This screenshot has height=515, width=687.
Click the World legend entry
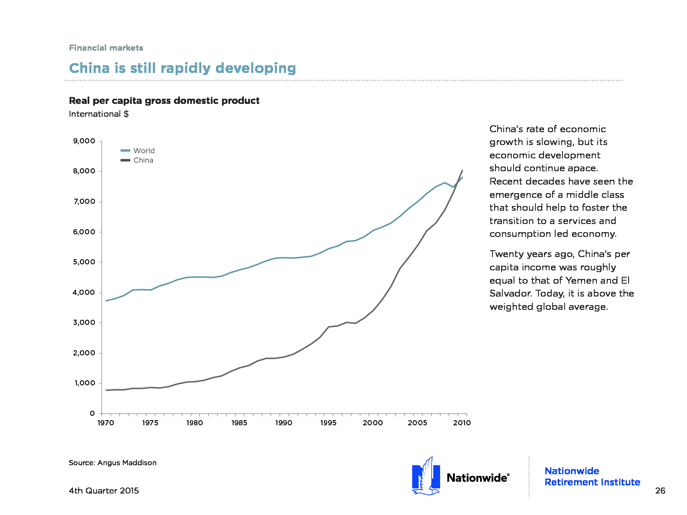(x=143, y=151)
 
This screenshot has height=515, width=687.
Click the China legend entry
(x=143, y=160)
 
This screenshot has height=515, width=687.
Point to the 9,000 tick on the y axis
(x=84, y=141)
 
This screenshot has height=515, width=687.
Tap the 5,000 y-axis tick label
(x=84, y=262)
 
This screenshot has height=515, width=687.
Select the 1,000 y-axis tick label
(x=84, y=383)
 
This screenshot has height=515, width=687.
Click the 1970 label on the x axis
(x=106, y=423)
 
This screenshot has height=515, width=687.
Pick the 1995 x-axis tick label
(x=328, y=423)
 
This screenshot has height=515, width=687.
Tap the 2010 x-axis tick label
(x=462, y=423)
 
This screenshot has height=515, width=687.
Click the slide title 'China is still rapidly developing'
(x=182, y=68)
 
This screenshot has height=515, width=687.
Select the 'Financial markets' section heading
(x=106, y=48)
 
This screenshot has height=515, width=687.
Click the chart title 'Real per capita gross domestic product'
(x=164, y=100)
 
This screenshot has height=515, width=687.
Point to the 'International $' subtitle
(x=99, y=114)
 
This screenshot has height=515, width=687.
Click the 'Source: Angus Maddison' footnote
(x=112, y=463)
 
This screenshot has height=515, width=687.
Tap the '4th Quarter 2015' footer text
(x=104, y=491)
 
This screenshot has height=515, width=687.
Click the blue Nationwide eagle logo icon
(x=426, y=476)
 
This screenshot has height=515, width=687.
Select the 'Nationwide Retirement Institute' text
(x=592, y=476)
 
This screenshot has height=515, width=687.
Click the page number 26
(x=660, y=491)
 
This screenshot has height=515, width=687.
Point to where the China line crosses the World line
(x=458, y=182)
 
